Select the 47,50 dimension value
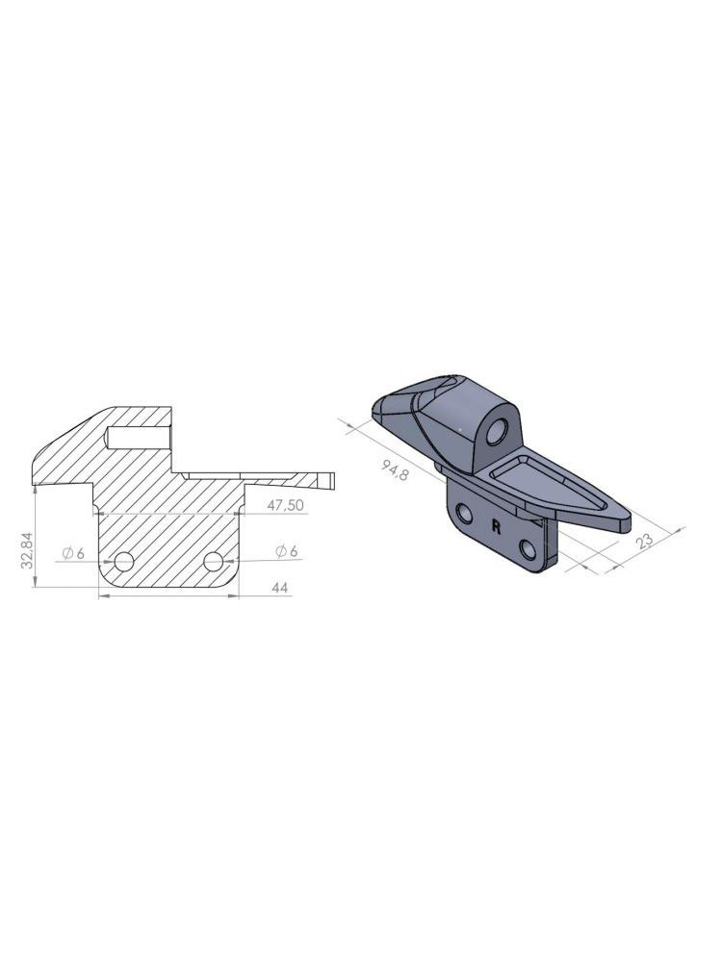click(x=286, y=504)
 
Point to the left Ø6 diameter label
click(x=73, y=551)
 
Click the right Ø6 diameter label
click(x=287, y=550)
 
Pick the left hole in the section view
click(x=124, y=561)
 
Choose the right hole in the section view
click(x=215, y=561)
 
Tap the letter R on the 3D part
click(x=496, y=526)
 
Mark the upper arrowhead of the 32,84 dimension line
click(x=35, y=487)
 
